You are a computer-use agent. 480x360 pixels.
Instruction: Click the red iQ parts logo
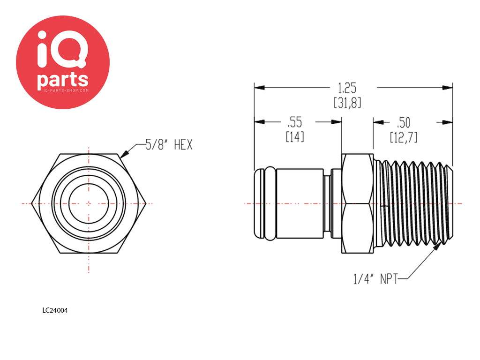[63, 62]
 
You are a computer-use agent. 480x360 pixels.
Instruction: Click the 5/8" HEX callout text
[169, 144]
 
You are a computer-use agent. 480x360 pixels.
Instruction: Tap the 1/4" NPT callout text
[375, 279]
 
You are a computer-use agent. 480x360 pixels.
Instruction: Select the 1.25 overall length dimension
[347, 88]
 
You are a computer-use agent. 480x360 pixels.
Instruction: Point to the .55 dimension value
[294, 122]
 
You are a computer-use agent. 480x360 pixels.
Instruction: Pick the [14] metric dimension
[295, 136]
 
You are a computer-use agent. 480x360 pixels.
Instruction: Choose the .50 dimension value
[404, 123]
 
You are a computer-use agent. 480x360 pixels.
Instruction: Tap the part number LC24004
[55, 310]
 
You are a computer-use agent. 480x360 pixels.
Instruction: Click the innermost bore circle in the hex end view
[89, 203]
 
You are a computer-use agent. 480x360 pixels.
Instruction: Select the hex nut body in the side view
[357, 203]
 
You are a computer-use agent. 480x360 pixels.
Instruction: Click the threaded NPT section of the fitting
[414, 203]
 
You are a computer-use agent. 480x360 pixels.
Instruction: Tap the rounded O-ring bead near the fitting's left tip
[270, 203]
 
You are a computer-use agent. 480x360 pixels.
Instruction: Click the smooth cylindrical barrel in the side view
[300, 203]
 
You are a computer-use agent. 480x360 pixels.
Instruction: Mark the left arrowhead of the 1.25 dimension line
[259, 88]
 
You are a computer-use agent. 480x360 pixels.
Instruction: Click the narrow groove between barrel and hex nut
[327, 203]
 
